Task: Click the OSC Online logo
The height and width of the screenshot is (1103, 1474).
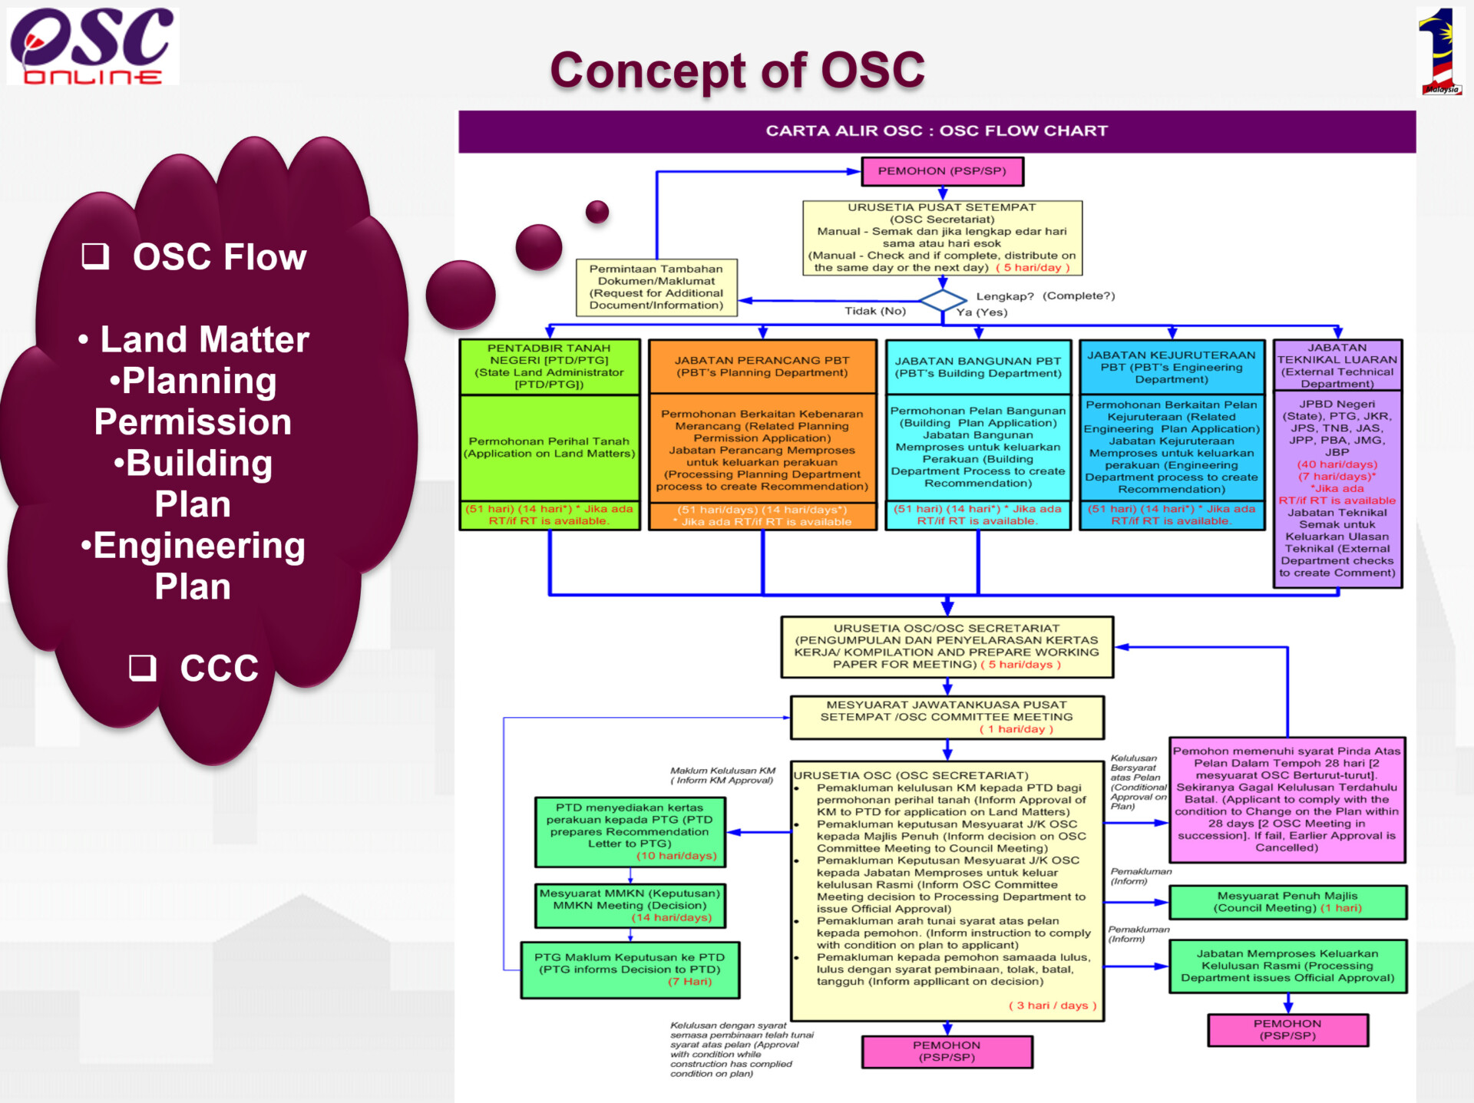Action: pos(92,46)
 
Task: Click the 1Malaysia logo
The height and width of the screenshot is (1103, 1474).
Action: pos(1440,52)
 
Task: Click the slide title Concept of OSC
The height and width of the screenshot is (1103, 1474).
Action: pos(737,70)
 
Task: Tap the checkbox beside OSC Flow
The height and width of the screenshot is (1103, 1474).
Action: pos(95,256)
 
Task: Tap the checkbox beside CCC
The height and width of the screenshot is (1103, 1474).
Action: pos(142,668)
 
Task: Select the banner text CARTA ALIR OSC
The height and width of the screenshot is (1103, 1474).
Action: pos(843,130)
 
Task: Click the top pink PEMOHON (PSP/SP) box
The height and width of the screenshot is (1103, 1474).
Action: pos(942,171)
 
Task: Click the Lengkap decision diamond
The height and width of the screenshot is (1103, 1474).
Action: pos(942,300)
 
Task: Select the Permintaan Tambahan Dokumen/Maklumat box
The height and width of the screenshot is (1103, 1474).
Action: pos(656,287)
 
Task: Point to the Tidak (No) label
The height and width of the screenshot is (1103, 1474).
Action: pos(875,311)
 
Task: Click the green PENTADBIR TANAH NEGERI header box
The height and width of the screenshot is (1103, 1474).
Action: pos(550,366)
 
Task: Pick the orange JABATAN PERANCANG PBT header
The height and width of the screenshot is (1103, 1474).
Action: pos(762,366)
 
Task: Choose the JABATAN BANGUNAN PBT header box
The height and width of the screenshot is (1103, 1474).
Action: pos(978,367)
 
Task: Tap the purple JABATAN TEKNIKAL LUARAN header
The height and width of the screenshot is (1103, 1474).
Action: pos(1337,365)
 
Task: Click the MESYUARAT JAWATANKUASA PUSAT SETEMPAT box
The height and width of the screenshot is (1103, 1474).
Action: pos(947,717)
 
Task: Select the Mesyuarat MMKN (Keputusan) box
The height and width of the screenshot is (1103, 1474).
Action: pos(630,905)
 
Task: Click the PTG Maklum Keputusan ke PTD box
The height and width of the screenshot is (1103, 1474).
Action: pos(630,969)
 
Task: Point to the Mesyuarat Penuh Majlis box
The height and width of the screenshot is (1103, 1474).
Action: pos(1287,902)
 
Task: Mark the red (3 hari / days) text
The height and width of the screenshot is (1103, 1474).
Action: pos(1052,1006)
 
